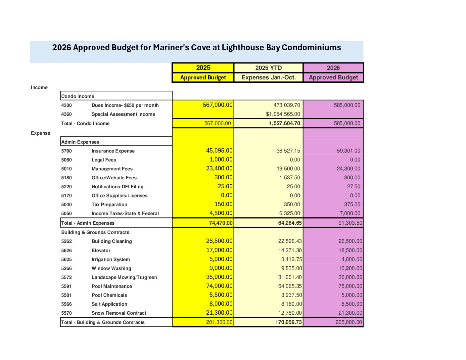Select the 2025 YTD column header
(x=268, y=68)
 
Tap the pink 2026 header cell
(x=333, y=68)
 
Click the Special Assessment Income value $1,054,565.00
(x=283, y=114)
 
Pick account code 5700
(x=67, y=151)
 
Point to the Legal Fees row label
(x=104, y=160)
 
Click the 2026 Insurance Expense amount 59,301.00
(x=349, y=151)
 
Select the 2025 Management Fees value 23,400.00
(x=219, y=168)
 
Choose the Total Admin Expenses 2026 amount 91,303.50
(x=350, y=223)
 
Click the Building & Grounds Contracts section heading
(x=95, y=232)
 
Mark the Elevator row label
(x=101, y=250)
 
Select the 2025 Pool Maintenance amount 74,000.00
(x=219, y=286)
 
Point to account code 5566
(x=67, y=304)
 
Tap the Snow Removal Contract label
(x=119, y=313)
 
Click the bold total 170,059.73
(x=288, y=322)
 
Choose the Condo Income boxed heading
(x=78, y=96)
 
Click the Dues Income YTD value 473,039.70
(x=287, y=105)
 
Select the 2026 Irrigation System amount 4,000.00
(x=352, y=259)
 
